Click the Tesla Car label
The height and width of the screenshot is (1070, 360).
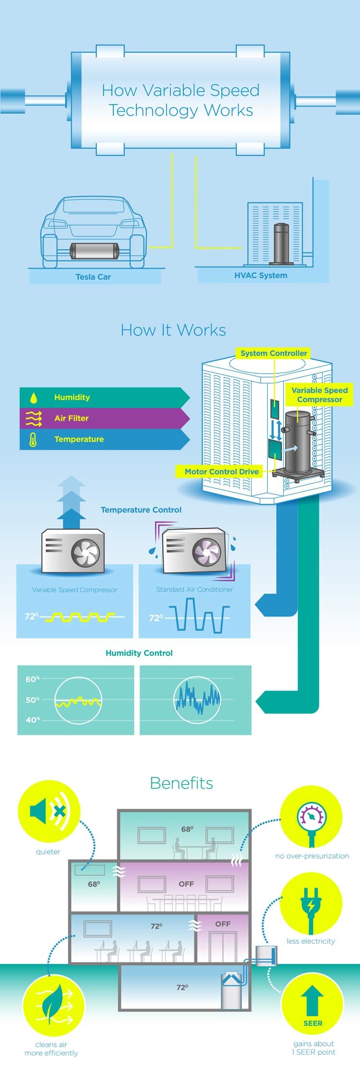[x=93, y=277]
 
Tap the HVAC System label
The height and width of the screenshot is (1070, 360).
[x=261, y=275]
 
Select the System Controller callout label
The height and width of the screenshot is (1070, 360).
[x=274, y=353]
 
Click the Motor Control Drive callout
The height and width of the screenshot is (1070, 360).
[x=222, y=472]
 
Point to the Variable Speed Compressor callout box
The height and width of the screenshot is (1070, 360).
[x=319, y=395]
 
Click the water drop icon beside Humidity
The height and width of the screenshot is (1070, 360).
[x=33, y=398]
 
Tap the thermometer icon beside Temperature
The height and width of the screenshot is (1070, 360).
[x=33, y=440]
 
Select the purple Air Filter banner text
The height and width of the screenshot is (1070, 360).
[x=72, y=418]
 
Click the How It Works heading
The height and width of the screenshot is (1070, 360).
[x=173, y=330]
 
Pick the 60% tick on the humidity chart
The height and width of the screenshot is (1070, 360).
[x=33, y=679]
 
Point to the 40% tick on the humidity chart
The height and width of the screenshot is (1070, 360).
[x=33, y=720]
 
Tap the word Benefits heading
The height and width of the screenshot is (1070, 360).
[x=181, y=783]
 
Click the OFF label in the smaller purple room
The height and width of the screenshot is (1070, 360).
[x=223, y=924]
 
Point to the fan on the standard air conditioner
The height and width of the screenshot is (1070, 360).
[x=207, y=551]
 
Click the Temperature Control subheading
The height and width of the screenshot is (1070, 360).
[x=141, y=510]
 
